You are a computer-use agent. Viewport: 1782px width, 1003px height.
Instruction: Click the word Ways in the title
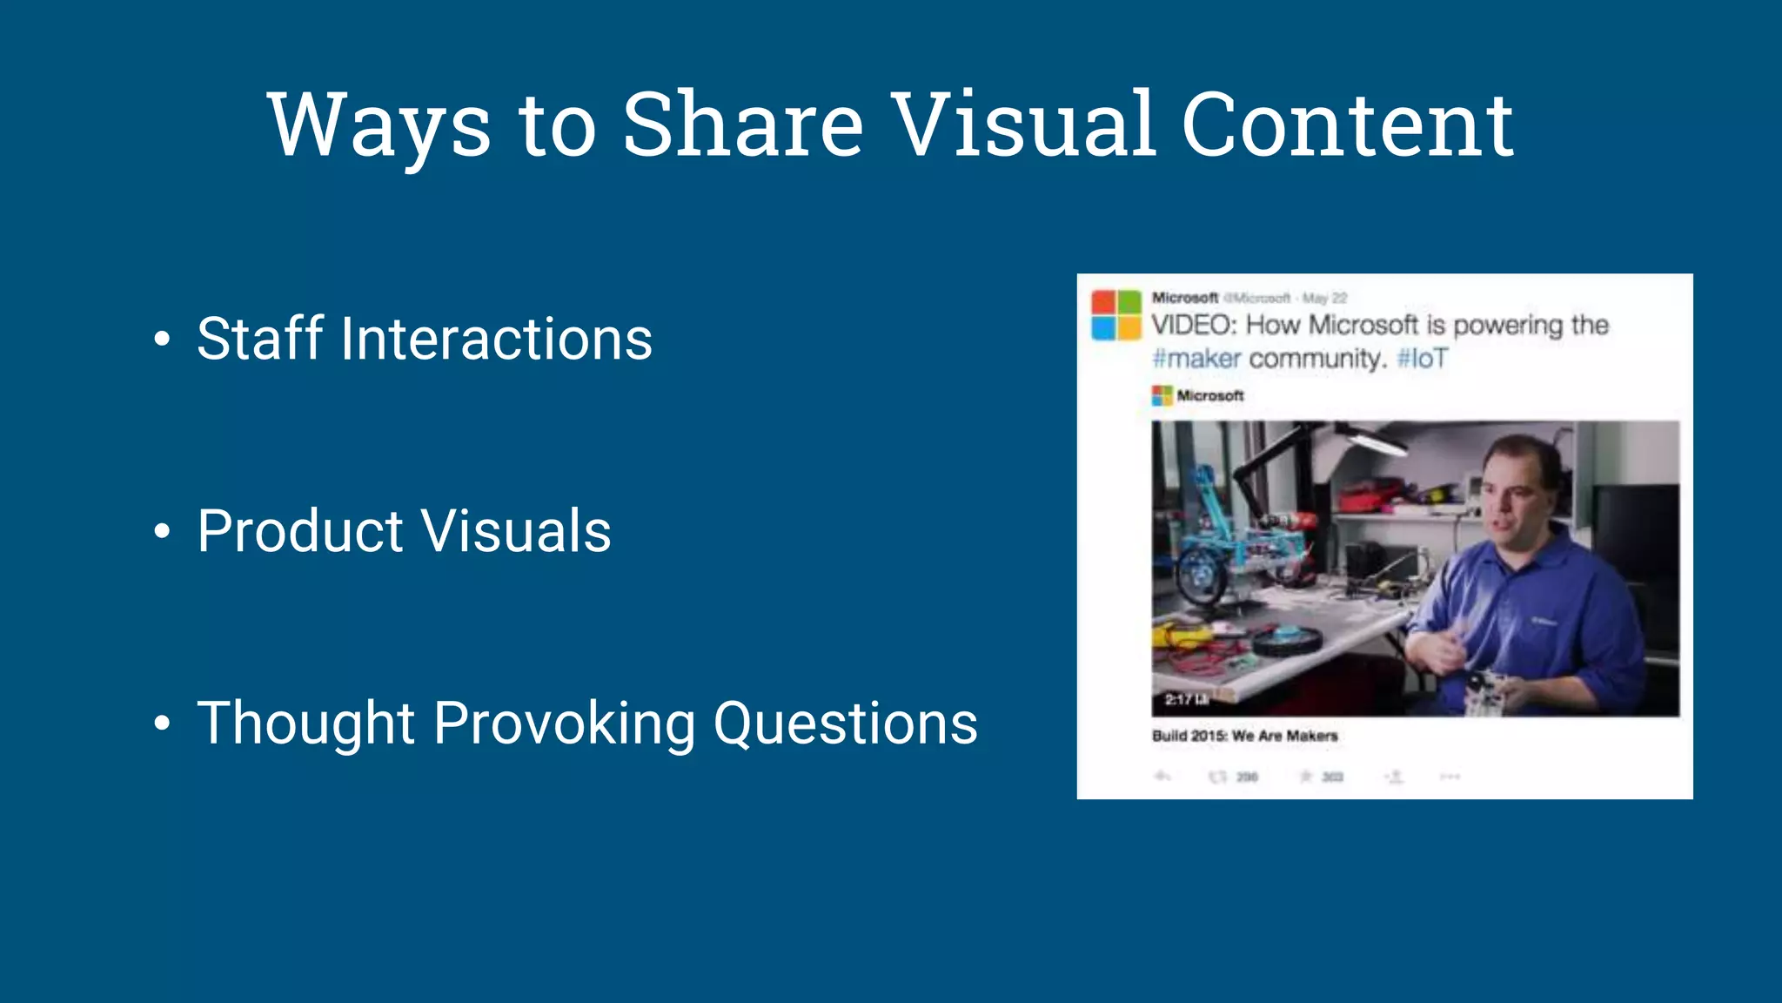[379, 126]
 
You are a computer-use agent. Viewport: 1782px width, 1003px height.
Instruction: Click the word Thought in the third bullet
[306, 724]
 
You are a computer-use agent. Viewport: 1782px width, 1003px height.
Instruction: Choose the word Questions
[845, 724]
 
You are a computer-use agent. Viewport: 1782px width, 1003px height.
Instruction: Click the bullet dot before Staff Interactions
[162, 340]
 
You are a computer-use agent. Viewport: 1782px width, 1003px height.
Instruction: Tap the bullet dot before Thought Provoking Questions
[162, 724]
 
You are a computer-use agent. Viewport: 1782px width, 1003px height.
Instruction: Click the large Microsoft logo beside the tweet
[1116, 315]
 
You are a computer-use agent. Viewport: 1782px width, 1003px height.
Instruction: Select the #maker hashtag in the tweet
[1196, 359]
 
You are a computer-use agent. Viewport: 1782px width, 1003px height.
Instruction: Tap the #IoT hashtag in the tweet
[1422, 359]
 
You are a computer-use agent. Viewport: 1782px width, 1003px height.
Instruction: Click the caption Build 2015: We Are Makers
[1244, 736]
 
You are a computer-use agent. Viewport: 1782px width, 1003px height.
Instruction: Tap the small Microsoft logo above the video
[1162, 396]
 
